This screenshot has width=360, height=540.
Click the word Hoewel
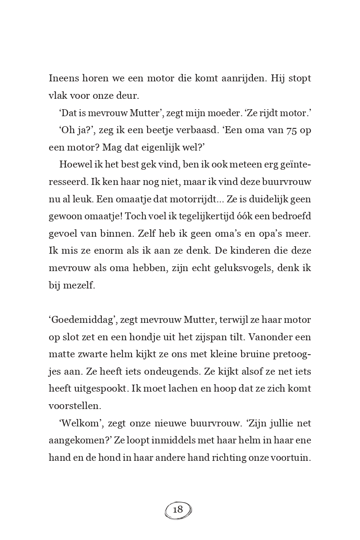point(74,165)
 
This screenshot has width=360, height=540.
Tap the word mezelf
point(79,285)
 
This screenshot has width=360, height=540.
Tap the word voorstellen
point(74,406)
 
